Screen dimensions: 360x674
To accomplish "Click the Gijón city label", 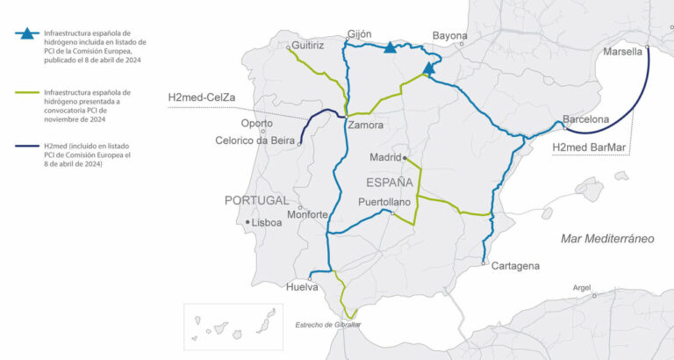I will click(x=360, y=34).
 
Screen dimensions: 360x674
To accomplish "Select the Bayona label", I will click(x=449, y=36).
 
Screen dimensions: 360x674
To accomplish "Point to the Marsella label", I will click(x=623, y=53).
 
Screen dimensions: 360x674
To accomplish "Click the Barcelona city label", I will click(x=585, y=119).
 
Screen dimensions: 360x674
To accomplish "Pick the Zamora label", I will click(x=365, y=126).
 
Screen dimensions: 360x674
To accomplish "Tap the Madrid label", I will click(x=384, y=158).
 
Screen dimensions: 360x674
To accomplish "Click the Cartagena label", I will click(x=515, y=265).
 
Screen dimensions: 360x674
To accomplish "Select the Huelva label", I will click(x=303, y=286).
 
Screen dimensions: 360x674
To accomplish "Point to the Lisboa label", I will click(x=266, y=223).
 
